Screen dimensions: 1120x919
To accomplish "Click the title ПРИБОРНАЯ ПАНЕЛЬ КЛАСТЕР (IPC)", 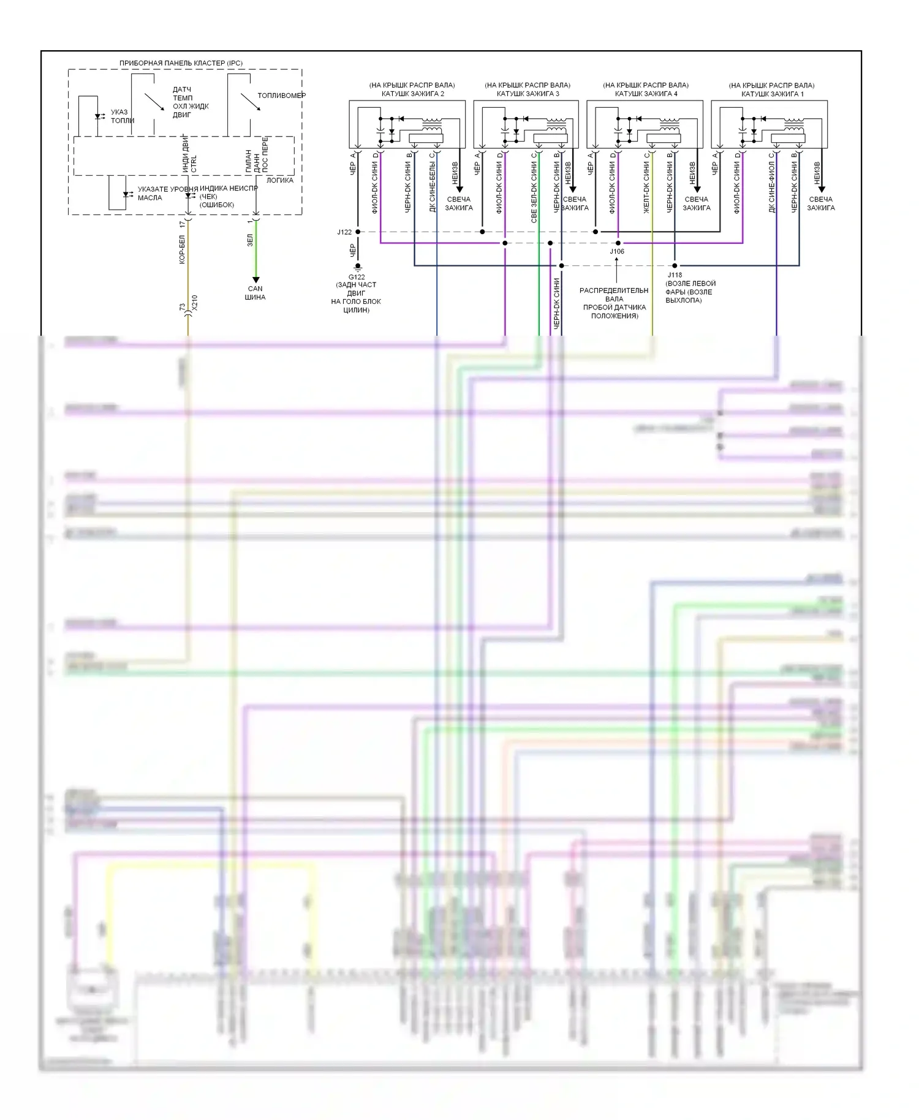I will pos(181,63).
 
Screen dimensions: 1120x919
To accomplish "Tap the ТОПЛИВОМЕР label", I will pos(281,96).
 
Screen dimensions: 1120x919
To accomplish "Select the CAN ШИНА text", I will pos(255,293).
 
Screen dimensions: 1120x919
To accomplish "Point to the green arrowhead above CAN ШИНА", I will pos(256,280).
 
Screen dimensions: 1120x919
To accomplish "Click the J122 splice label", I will pos(344,232).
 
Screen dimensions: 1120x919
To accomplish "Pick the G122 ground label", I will pos(357,277).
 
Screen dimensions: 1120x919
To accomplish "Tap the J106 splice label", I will pos(617,251).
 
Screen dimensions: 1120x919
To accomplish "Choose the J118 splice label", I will pos(675,275).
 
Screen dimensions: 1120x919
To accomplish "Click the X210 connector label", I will pos(194,302).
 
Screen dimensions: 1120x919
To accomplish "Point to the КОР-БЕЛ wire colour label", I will pos(182,249).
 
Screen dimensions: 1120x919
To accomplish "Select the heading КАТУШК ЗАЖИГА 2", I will pos(412,94).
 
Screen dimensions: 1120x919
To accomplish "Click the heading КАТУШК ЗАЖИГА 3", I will pos(528,94).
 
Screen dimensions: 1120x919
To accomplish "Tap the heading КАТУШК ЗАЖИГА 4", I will pos(646,94).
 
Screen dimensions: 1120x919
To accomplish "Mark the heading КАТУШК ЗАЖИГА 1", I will pos(772,94).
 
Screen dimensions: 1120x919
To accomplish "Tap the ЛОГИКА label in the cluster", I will pos(279,180).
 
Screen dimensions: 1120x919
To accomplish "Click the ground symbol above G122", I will pos(358,267).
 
